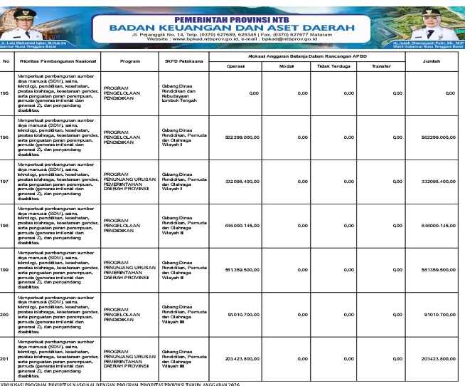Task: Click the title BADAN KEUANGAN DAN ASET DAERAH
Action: (x=232, y=27)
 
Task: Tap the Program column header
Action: (x=129, y=61)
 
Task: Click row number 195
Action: (x=6, y=93)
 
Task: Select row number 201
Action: (x=6, y=359)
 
